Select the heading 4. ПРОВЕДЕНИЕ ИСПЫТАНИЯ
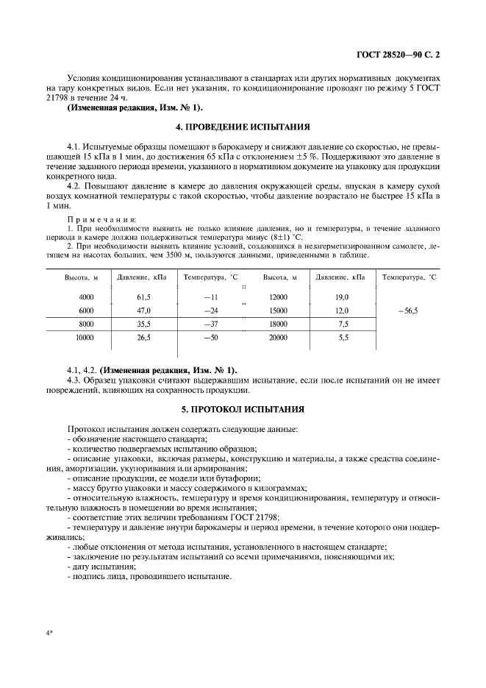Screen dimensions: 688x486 (243, 127)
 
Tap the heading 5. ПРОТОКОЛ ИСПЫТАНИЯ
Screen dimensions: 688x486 (243, 408)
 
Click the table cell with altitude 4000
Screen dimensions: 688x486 (86, 297)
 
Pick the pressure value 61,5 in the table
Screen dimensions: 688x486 (143, 297)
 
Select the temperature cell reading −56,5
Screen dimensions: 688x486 (407, 311)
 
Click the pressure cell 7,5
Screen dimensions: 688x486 (343, 324)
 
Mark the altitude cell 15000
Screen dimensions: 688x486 (278, 311)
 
